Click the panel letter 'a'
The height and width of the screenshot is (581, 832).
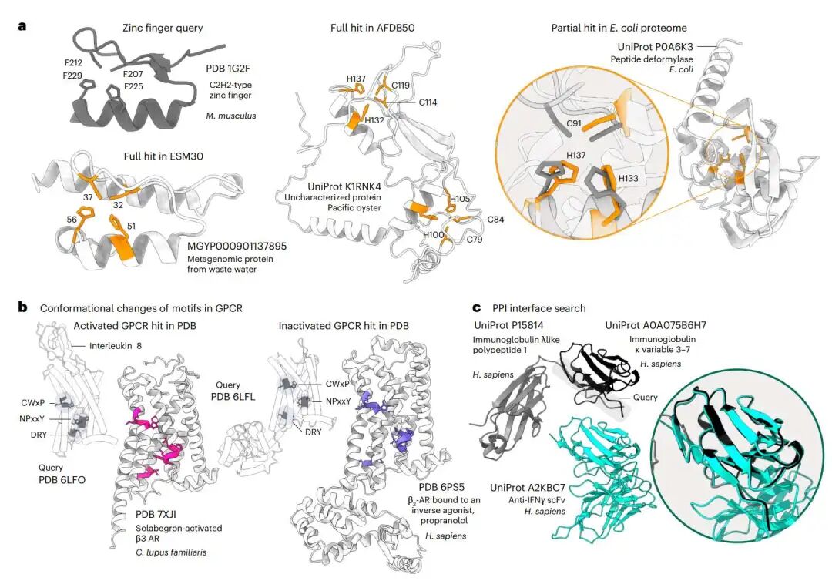tap(22, 26)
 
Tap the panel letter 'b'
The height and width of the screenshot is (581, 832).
tap(22, 307)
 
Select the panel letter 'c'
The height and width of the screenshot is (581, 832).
tap(477, 307)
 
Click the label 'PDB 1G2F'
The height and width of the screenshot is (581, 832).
tap(228, 69)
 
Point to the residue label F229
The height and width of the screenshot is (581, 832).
tap(72, 76)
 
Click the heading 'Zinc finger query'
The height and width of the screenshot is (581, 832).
tap(163, 28)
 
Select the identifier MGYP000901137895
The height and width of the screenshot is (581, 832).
tap(237, 247)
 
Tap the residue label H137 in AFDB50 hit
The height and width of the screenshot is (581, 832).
tap(356, 79)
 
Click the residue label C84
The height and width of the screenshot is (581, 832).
tap(495, 219)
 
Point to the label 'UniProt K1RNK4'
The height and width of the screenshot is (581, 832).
tap(344, 186)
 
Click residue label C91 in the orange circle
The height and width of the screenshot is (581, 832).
tap(574, 123)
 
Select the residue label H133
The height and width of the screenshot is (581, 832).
tap(629, 178)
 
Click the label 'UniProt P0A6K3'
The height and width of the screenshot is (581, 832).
tap(655, 47)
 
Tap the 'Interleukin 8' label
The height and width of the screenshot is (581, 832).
tap(115, 346)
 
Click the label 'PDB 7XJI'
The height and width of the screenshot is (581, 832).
tap(156, 514)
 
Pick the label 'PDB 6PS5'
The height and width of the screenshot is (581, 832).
tap(441, 487)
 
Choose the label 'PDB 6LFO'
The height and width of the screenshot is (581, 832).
tap(62, 479)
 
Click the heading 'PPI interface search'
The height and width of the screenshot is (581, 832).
tap(539, 308)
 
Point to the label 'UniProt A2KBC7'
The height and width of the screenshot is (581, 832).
tap(528, 488)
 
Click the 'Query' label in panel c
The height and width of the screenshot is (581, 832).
tap(646, 397)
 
